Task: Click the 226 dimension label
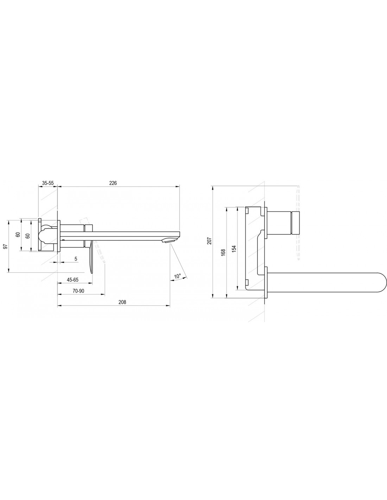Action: pos(113,183)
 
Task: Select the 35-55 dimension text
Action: pos(47,183)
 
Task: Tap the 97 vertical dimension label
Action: pos(6,246)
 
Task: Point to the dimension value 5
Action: pos(76,259)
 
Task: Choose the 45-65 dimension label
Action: pos(73,280)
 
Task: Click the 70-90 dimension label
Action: pos(78,291)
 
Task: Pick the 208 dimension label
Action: pos(122,302)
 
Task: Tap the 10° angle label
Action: pos(178,276)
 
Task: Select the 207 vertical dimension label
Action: pos(209,241)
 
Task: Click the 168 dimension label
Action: pos(223,252)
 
